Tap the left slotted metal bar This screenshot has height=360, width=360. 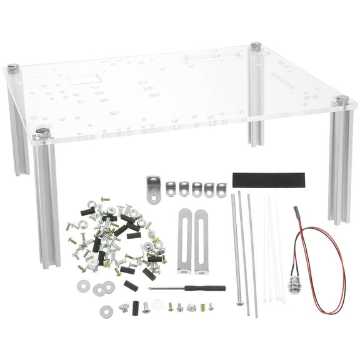point(184,241)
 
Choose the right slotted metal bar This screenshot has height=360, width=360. point(201,241)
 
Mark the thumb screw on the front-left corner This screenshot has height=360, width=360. point(42,132)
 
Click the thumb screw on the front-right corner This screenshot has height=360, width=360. point(341,100)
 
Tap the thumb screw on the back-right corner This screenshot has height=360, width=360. point(255,46)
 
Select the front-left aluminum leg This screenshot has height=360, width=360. point(47,200)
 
